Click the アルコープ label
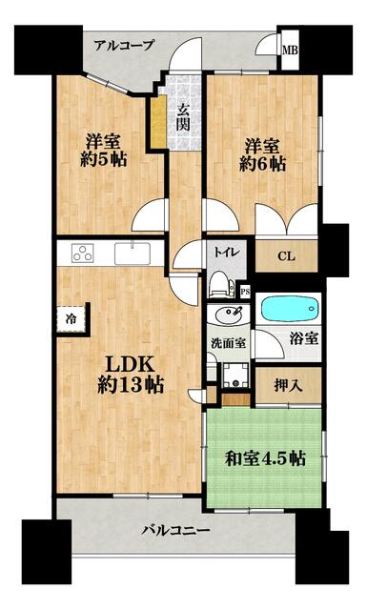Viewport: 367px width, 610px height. coord(124,46)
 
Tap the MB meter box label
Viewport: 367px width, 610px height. coord(290,51)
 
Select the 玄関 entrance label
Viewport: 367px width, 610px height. coord(182,118)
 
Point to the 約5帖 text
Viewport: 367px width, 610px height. coord(104,159)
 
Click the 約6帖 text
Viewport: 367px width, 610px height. coord(262,164)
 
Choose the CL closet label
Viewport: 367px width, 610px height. coord(286,256)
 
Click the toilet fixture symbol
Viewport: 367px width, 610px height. coord(220,284)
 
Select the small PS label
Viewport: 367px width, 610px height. coord(245,292)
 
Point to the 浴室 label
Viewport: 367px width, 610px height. coord(304,338)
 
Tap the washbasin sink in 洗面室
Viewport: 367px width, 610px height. coord(228,315)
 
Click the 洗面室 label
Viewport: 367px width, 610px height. coord(229,343)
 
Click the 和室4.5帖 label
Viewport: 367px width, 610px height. coord(265,458)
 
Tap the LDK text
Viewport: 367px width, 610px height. coord(129,364)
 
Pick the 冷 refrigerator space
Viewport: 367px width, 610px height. coord(71,319)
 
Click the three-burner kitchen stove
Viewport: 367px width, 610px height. coord(83,253)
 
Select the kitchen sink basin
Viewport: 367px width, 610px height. coord(133,254)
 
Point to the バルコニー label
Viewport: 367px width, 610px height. coord(175,530)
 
